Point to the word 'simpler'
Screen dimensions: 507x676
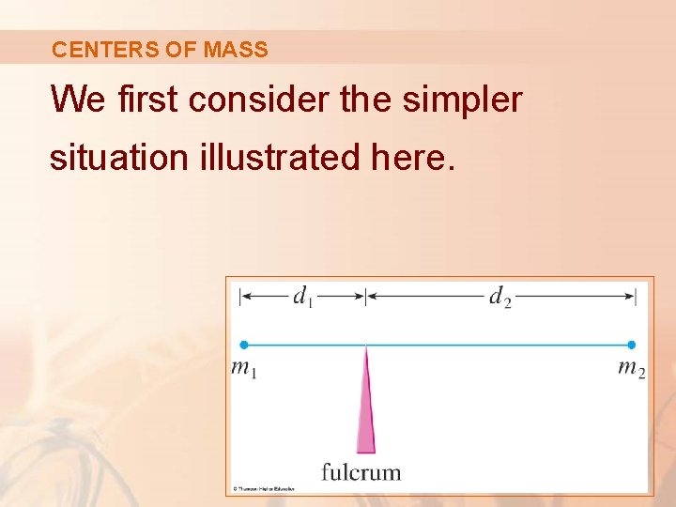460,99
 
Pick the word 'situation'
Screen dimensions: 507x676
119,157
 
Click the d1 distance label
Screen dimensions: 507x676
302,298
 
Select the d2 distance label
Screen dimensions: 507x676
499,298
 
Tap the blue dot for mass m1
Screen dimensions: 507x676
244,345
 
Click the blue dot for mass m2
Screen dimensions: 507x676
632,345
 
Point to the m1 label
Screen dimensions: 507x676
244,369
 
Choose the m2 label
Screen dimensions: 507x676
631,369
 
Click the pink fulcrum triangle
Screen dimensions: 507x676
365,413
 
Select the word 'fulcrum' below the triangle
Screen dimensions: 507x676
361,471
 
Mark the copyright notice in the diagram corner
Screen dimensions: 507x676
265,489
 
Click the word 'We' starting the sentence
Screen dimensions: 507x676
78,99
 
